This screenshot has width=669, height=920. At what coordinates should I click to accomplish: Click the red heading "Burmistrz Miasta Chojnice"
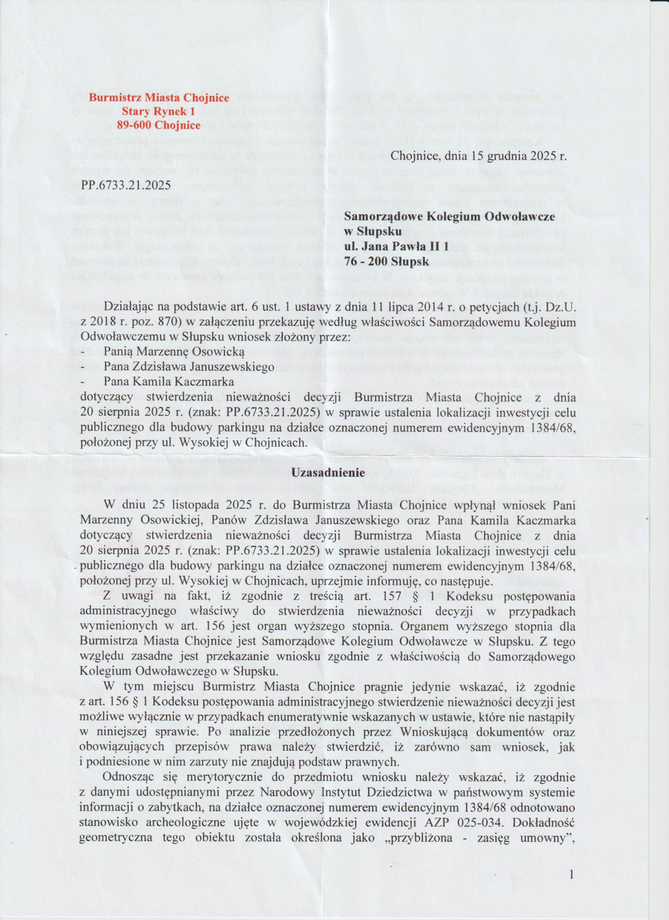pos(159,98)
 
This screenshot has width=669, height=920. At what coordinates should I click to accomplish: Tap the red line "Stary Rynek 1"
pos(159,111)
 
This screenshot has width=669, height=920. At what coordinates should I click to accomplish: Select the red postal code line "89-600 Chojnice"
pos(159,125)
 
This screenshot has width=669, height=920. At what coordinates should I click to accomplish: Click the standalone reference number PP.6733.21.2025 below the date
pos(126,185)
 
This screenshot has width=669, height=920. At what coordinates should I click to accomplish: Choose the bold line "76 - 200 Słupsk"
pos(386,262)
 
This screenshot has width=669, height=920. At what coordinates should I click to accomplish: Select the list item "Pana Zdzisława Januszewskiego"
pos(189,367)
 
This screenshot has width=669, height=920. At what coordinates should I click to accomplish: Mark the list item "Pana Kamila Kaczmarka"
pos(169,382)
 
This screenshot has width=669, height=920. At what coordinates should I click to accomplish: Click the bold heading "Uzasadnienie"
pos(329,472)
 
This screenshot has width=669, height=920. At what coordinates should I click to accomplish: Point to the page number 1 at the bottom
pos(571,875)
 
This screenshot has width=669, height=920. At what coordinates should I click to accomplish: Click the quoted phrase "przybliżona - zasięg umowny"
pos(475,838)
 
